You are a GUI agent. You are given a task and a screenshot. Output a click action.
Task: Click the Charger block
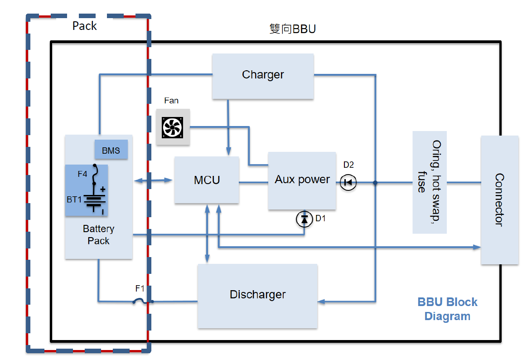pos(263,76)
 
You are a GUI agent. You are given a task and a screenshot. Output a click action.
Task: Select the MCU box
pos(207,180)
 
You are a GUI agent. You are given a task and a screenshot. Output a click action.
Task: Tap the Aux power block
pos(302,180)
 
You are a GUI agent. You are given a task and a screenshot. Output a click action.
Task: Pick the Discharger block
pos(257,296)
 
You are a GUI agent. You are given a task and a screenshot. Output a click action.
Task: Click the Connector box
pos(499,200)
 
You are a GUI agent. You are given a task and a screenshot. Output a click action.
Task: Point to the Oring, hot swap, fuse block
pos(429,182)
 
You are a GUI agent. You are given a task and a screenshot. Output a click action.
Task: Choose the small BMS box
pos(111,150)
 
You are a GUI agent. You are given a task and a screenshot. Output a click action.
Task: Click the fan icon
pos(173,127)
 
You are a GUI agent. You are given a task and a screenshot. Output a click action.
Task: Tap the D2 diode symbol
pos(348,183)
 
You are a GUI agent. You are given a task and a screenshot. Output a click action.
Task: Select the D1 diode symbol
pos(304,219)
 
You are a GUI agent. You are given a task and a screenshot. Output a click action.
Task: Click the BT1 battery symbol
pos(95,200)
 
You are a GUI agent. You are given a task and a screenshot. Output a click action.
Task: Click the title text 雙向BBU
pos(292,29)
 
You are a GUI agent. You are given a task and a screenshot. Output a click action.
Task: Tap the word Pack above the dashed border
pos(84,26)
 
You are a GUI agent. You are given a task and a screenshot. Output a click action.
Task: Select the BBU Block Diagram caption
pos(447,309)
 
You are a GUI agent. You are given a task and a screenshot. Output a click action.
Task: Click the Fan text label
pos(171,101)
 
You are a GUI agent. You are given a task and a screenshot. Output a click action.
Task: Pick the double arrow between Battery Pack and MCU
pos(154,181)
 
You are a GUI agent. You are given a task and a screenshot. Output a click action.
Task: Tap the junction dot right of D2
pos(375,183)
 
